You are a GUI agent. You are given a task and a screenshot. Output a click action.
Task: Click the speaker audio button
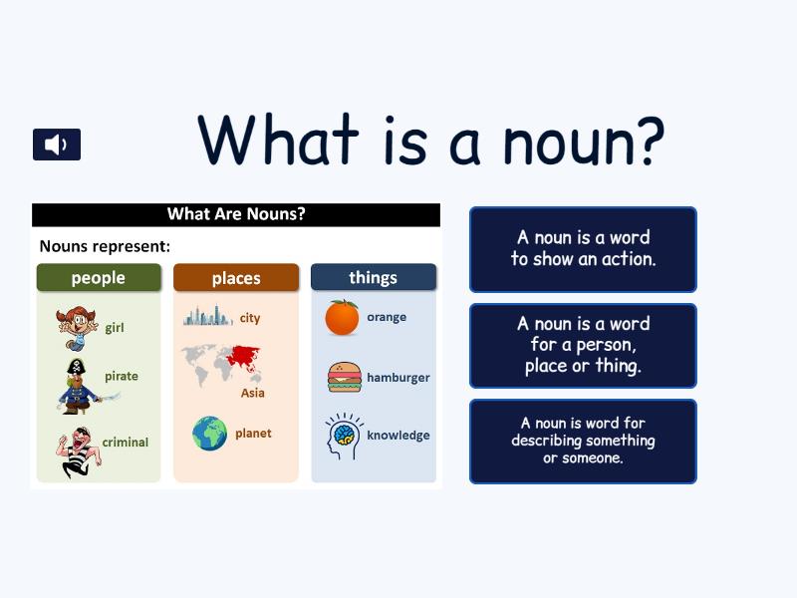(57, 145)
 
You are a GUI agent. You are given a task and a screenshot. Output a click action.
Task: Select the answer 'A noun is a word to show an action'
(583, 249)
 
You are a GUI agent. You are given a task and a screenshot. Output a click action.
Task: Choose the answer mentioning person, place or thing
(583, 346)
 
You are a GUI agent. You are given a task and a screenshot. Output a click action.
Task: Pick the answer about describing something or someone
(583, 442)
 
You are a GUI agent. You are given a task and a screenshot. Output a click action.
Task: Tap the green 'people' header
(99, 278)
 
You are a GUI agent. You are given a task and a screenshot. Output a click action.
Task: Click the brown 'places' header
(236, 278)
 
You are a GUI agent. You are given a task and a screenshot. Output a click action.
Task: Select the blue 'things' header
(374, 277)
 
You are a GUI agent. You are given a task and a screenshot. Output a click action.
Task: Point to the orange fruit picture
(342, 318)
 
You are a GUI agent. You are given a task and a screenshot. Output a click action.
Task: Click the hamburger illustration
(345, 378)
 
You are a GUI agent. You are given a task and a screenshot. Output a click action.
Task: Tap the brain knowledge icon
(344, 436)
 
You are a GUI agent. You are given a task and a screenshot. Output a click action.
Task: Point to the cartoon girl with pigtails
(77, 328)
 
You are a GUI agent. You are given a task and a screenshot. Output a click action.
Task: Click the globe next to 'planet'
(210, 434)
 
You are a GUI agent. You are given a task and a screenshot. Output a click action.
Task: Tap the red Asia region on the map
(244, 358)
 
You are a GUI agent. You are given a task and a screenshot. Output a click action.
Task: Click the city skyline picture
(207, 316)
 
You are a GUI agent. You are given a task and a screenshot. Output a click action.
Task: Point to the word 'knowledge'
(398, 436)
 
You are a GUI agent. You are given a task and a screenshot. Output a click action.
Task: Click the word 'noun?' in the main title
(584, 141)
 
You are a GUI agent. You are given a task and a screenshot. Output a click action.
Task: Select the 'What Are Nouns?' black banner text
(236, 214)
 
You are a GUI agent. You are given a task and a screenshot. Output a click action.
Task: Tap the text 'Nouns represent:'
(105, 246)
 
